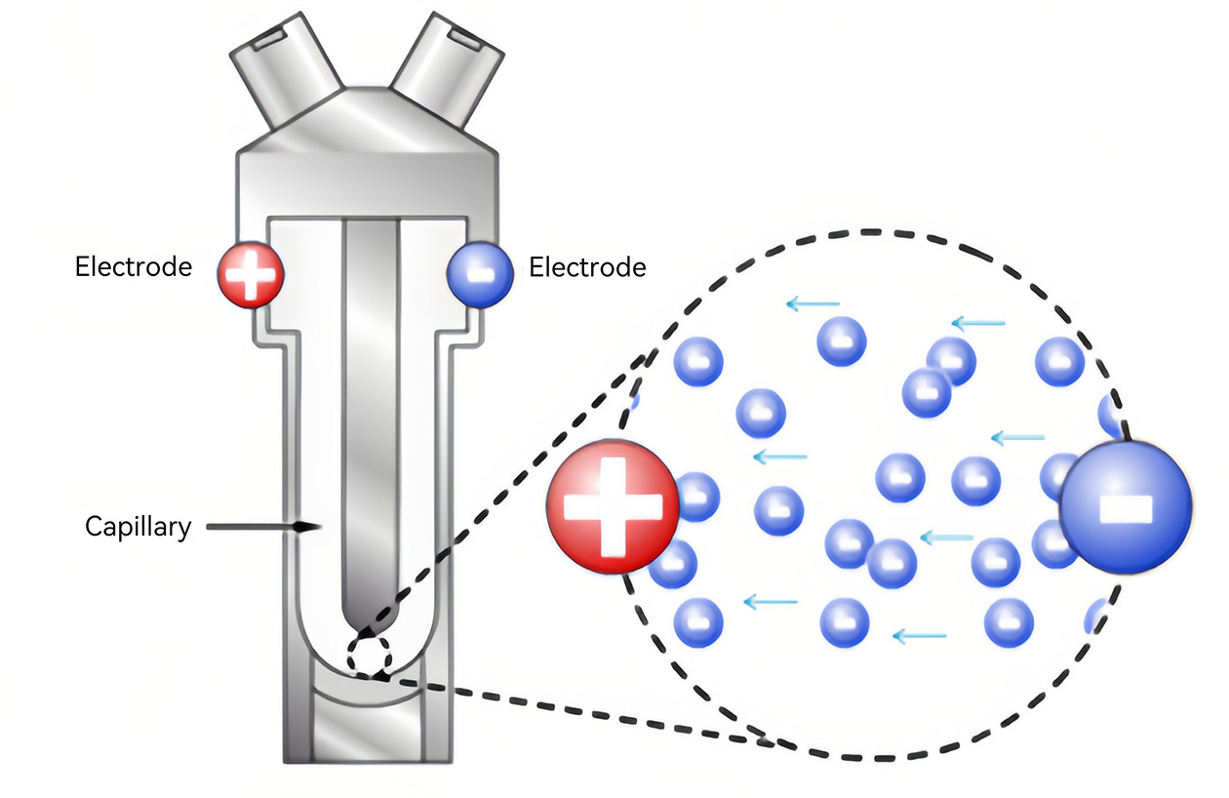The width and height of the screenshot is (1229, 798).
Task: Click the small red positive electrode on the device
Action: (250, 276)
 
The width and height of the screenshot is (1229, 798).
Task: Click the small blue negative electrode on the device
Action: (480, 276)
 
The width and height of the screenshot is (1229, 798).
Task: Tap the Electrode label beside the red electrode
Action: (134, 266)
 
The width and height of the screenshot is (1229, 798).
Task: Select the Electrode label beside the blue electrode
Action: (587, 266)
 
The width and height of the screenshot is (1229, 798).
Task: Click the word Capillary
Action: (138, 527)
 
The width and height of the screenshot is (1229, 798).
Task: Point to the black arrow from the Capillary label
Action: (263, 527)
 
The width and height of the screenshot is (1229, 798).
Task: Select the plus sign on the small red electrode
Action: (250, 276)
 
